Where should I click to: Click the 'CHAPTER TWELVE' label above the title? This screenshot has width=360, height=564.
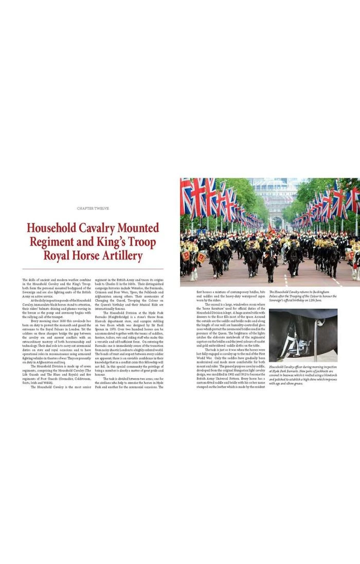(93, 208)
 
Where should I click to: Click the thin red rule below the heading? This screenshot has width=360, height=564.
(93, 269)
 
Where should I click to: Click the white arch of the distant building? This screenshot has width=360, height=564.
(278, 222)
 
